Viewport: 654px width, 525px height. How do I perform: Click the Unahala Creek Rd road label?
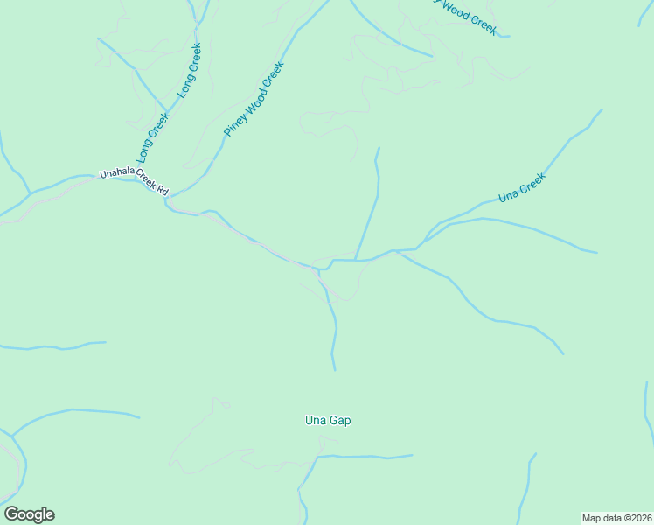134,181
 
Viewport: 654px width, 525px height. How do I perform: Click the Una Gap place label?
328,421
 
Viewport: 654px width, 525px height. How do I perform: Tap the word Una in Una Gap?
316,421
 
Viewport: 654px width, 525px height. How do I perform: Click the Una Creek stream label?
522,188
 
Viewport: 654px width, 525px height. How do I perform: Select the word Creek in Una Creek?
532,183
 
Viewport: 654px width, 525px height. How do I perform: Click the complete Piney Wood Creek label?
254,98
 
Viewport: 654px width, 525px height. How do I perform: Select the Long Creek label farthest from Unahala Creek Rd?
190,70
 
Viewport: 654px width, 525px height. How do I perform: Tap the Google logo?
29,514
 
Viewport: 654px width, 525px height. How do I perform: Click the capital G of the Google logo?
11,514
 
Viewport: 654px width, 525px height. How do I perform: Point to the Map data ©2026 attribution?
617,517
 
